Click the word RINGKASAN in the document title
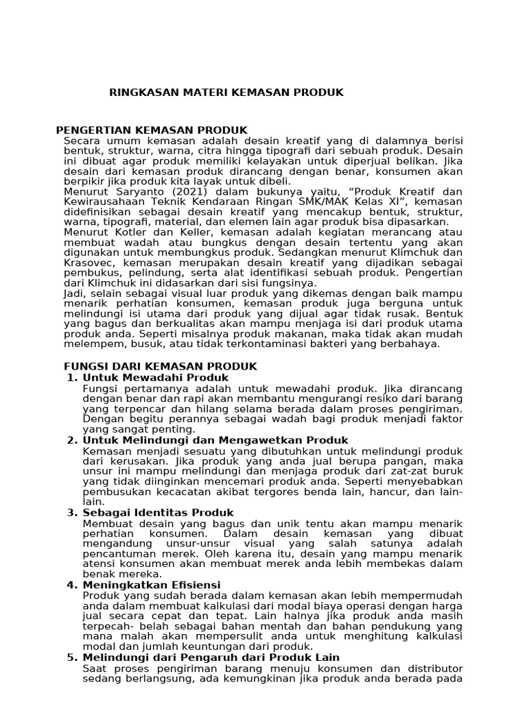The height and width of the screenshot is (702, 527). (x=141, y=92)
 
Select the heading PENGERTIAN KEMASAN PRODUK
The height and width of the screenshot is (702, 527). (x=151, y=130)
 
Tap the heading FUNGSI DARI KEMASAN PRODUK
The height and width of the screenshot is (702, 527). (x=160, y=367)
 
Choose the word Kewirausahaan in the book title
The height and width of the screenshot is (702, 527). (x=101, y=201)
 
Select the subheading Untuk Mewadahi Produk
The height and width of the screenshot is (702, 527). (x=155, y=378)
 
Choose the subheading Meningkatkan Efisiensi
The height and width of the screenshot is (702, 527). (x=151, y=584)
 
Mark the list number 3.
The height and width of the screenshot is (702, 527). (x=71, y=512)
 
